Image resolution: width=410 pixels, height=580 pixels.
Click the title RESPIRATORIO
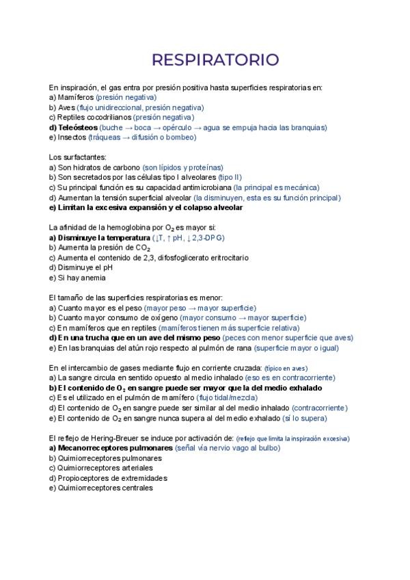coord(215,60)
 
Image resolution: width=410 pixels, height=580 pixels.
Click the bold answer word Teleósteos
coord(77,127)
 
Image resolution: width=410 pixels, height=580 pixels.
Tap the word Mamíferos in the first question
coord(76,98)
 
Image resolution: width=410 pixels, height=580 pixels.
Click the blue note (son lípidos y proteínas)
coord(183,168)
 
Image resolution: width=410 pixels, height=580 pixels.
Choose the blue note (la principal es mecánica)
coord(276,187)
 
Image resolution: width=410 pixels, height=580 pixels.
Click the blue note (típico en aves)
coord(290,368)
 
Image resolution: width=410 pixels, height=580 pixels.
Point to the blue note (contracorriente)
coord(320,407)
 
